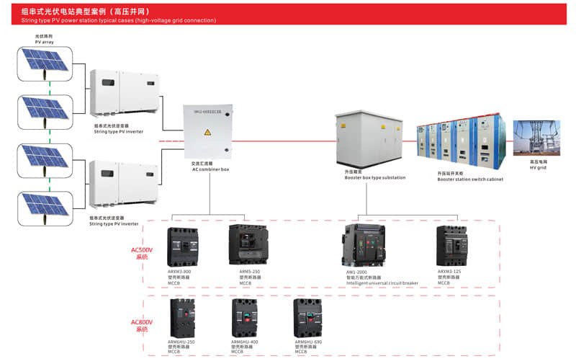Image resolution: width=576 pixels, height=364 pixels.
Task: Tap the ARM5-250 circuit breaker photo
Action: point(248,246)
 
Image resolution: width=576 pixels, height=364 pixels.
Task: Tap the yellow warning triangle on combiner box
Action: point(207,132)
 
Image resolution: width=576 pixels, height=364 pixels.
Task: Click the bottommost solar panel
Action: point(45,204)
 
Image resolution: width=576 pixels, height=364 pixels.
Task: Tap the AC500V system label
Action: point(141,253)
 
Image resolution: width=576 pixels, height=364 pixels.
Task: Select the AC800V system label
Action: point(141,325)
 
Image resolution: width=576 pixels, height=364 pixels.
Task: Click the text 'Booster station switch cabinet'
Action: point(469,179)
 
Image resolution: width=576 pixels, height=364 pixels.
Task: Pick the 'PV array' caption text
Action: point(45,43)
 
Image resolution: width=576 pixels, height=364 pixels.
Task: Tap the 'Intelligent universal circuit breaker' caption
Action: point(382,283)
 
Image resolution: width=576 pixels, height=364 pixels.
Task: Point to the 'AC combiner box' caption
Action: point(210,169)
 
